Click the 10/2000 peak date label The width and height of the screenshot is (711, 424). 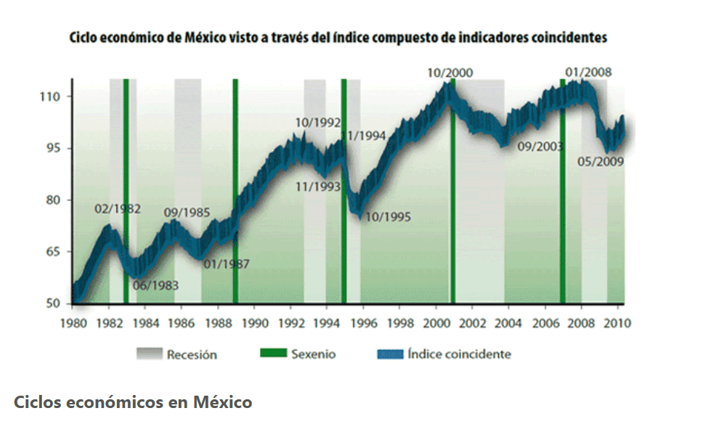pyautogui.click(x=450, y=73)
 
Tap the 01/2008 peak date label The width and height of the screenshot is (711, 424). pyautogui.click(x=588, y=72)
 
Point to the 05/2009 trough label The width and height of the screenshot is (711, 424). pyautogui.click(x=601, y=161)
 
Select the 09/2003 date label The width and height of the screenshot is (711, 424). pyautogui.click(x=541, y=147)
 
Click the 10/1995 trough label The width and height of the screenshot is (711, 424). pyautogui.click(x=388, y=216)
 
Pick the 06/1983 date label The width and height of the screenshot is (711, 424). pyautogui.click(x=155, y=285)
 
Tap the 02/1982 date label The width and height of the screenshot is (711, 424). pyautogui.click(x=118, y=209)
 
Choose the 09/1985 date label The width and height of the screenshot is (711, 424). pyautogui.click(x=187, y=213)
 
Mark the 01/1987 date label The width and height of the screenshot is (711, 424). pyautogui.click(x=227, y=264)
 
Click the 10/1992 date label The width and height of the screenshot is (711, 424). pyautogui.click(x=318, y=123)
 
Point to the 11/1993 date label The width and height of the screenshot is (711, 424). pyautogui.click(x=318, y=187)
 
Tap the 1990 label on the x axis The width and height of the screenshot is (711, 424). pyautogui.click(x=254, y=322)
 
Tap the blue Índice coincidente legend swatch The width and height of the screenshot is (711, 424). pyautogui.click(x=390, y=354)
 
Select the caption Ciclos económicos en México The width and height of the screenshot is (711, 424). pyautogui.click(x=133, y=401)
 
